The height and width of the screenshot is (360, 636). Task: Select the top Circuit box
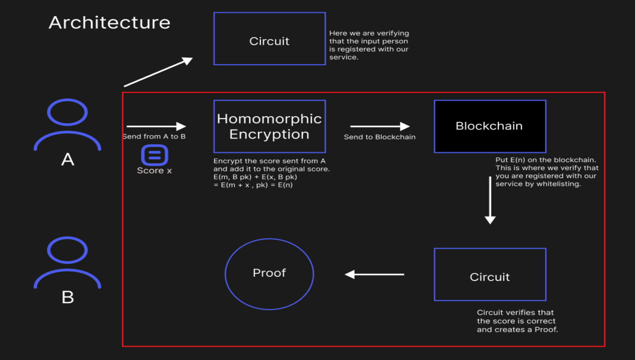pos(269,38)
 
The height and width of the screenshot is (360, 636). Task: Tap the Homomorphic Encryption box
pos(269,126)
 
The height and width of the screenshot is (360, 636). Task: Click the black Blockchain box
pos(490,126)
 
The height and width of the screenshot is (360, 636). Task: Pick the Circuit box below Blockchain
pos(490,274)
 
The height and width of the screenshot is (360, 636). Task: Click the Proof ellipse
pos(269,274)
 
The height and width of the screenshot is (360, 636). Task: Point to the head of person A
pos(67,112)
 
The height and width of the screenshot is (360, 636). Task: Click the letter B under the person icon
pos(68,297)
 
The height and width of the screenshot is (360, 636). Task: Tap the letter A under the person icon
pos(68,159)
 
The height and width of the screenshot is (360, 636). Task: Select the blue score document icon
pos(155,155)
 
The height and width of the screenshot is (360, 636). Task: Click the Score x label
pos(154,171)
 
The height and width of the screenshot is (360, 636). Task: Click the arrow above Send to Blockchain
pos(380,126)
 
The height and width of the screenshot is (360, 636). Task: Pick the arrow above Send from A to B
pos(156,126)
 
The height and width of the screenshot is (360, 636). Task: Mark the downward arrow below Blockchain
pos(490,200)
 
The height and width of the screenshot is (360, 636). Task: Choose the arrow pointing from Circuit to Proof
pos(374,274)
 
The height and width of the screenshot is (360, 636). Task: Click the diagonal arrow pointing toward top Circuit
pos(158,72)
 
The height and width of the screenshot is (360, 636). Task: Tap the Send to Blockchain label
pos(380,137)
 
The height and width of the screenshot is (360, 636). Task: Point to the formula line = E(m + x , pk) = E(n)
pos(253,185)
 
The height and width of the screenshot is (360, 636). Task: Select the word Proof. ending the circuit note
pos(546,330)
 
